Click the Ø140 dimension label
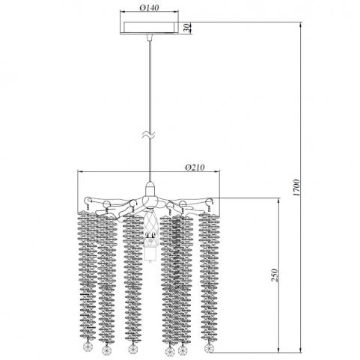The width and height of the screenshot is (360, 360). [x=149, y=8]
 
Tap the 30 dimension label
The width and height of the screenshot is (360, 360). [x=187, y=28]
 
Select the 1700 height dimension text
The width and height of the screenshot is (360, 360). [x=296, y=187]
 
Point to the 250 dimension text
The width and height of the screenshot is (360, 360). [x=275, y=275]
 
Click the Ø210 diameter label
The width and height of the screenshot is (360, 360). [x=195, y=168]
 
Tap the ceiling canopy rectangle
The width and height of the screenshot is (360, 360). [x=150, y=28]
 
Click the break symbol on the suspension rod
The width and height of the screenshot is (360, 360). [x=150, y=135]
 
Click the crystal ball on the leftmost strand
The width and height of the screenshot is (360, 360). [x=87, y=346]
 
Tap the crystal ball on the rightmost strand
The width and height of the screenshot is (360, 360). [x=209, y=347]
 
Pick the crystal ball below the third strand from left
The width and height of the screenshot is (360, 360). [x=132, y=348]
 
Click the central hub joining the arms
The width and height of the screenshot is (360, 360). [x=150, y=201]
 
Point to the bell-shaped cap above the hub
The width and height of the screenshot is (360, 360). [x=150, y=189]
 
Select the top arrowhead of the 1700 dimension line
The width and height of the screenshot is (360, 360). [x=301, y=24]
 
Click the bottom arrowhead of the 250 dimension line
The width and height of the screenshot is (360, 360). [x=278, y=350]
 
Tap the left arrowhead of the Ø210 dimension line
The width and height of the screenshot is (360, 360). [x=80, y=171]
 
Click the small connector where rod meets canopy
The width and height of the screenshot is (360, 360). [x=150, y=37]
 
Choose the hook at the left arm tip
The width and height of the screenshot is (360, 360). [x=88, y=201]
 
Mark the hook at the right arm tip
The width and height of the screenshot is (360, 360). [x=210, y=201]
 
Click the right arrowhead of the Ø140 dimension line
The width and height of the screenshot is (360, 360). [x=176, y=11]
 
